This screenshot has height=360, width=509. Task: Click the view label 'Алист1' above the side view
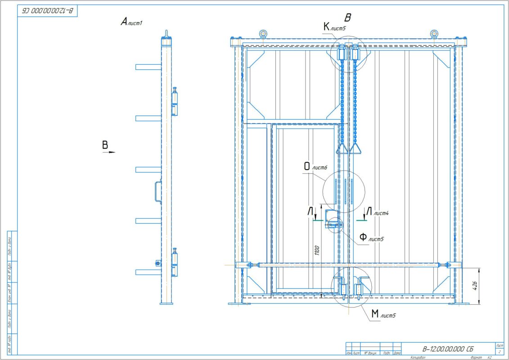[x=131, y=22]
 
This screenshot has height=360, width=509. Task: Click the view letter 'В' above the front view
[x=347, y=18]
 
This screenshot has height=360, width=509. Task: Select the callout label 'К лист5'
[x=334, y=27]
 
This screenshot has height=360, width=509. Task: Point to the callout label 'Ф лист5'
[x=371, y=237]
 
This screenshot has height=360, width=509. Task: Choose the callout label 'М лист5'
[x=383, y=315]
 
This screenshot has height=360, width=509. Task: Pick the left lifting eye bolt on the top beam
[x=263, y=33]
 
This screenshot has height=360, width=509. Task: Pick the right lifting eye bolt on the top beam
[x=433, y=33]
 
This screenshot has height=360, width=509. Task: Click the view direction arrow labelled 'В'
[x=107, y=148]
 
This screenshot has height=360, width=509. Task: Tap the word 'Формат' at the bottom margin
[x=476, y=357]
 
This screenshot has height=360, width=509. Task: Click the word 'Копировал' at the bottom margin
[x=419, y=357]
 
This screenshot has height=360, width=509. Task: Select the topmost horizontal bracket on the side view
[x=148, y=67]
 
